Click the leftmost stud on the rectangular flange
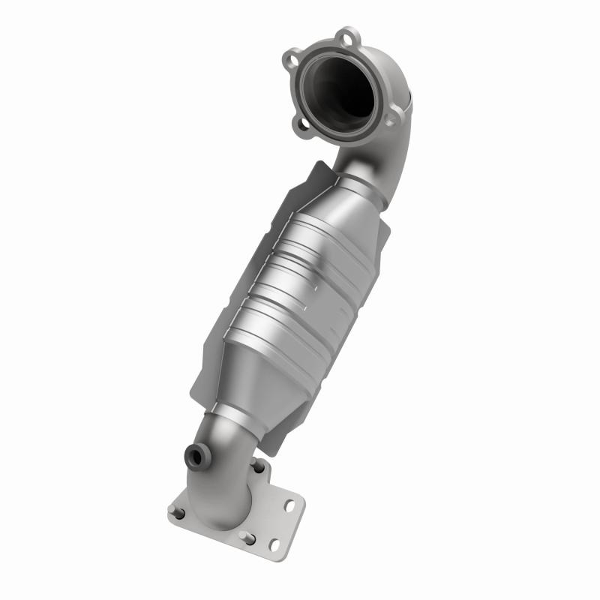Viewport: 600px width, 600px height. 179,513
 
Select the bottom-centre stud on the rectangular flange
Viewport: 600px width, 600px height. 245,536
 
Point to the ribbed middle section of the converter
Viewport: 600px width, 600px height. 300,285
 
